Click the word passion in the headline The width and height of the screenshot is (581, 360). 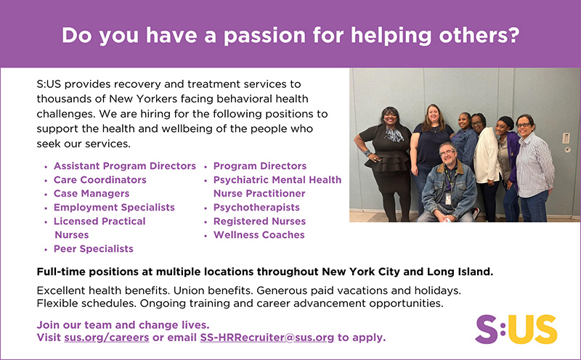(264, 36)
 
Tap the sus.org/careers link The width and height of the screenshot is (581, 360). (107, 337)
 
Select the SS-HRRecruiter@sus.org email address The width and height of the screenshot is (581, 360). (267, 337)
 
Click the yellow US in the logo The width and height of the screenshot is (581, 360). (532, 330)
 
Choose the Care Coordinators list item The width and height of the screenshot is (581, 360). (100, 180)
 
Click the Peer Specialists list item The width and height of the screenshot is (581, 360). (94, 249)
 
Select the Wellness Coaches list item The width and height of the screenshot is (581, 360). (259, 235)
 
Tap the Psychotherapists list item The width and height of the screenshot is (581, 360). (256, 208)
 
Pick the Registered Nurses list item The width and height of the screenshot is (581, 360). (259, 221)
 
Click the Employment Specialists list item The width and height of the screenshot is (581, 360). (114, 208)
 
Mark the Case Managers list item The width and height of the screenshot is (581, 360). (92, 194)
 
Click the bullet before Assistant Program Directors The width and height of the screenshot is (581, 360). (46, 167)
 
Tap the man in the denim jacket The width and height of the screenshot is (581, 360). (448, 184)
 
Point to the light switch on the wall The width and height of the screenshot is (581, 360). (566, 138)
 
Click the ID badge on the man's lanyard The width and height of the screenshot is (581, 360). (448, 199)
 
